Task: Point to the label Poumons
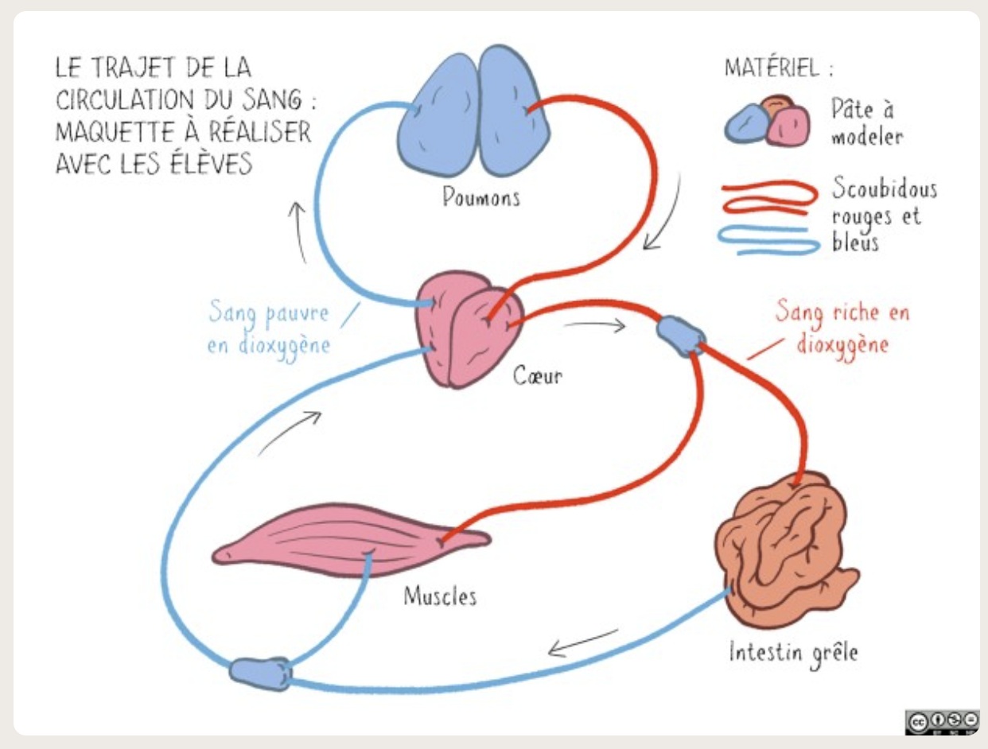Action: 480,196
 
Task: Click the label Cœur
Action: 537,374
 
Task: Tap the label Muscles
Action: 440,596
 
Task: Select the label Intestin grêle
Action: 793,653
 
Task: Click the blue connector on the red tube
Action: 680,336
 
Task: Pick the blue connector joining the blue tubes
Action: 261,673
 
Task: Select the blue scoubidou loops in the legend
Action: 768,241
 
